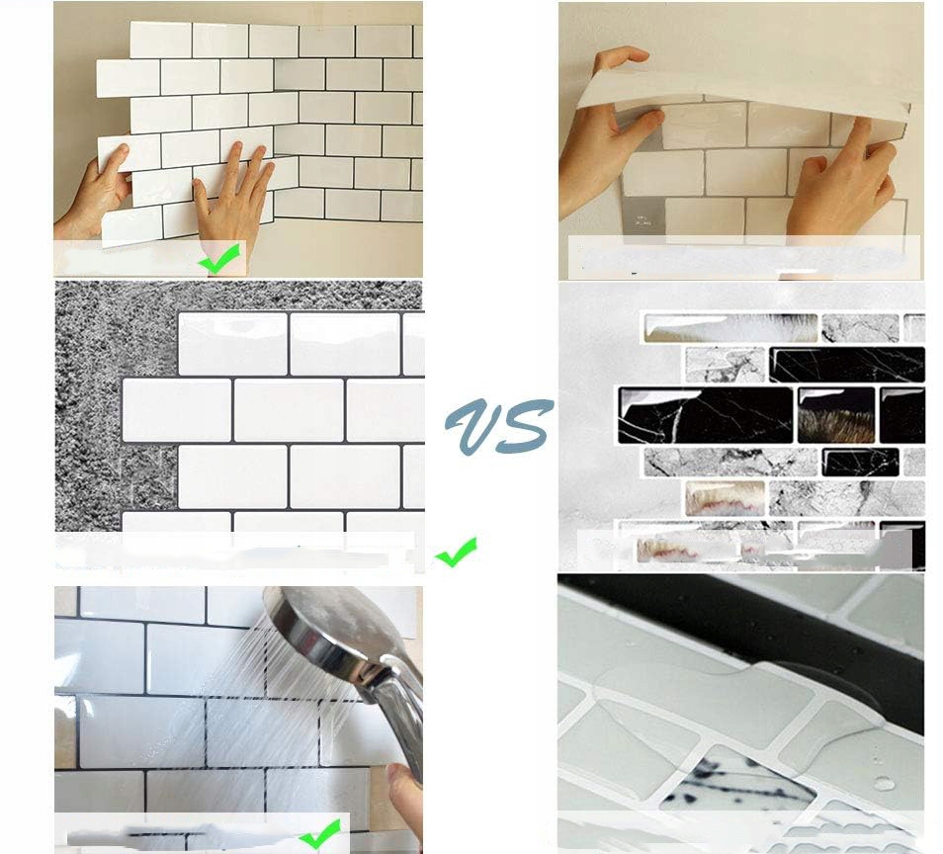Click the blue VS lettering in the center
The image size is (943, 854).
(x=499, y=425)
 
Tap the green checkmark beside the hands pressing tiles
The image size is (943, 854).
(x=220, y=258)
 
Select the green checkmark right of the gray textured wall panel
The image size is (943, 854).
(x=456, y=552)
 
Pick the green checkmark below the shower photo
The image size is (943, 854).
(x=319, y=833)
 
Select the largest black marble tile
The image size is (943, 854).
(x=706, y=415)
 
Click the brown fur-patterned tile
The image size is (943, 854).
(x=835, y=415)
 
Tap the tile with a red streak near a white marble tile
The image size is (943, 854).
(x=725, y=498)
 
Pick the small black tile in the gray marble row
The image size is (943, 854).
(x=860, y=462)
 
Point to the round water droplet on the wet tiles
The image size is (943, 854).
(x=884, y=783)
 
